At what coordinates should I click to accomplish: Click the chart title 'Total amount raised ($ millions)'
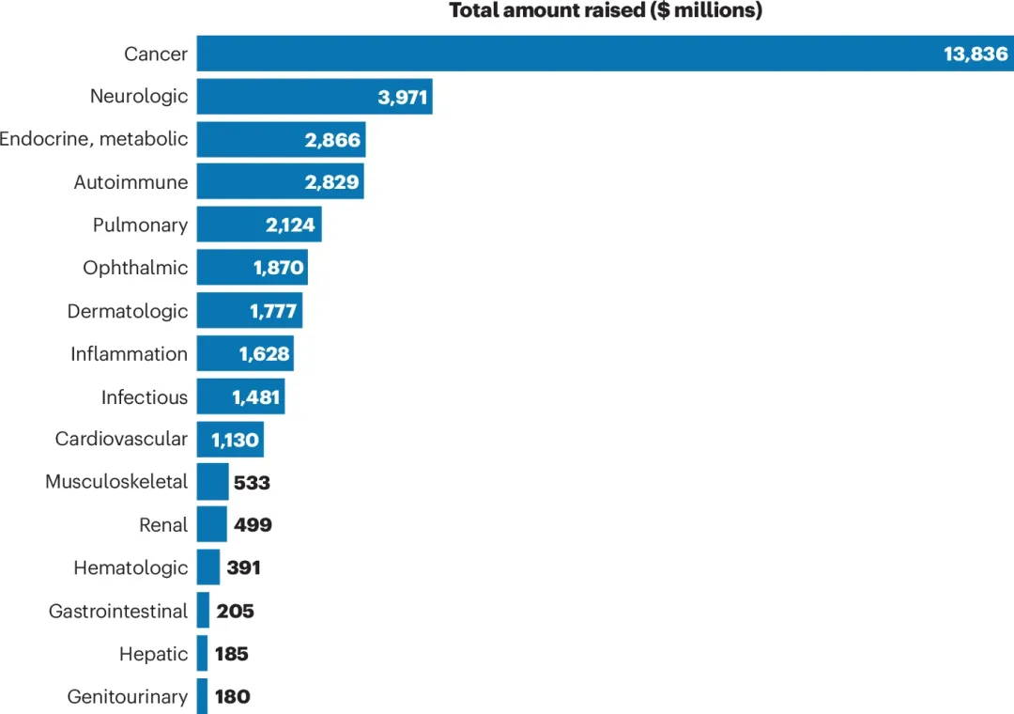606,11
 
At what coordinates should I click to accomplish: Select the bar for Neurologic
282,97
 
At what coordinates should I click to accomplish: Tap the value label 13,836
976,54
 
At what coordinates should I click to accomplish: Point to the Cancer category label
156,54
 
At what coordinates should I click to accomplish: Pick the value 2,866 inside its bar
332,140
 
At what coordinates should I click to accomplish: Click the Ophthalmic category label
135,269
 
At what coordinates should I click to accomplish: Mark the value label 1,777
274,312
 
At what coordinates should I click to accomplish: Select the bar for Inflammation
216,354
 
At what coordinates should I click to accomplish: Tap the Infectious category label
145,397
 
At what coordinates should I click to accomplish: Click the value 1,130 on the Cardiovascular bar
235,440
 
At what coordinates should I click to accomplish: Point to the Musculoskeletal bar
212,482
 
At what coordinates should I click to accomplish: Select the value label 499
253,525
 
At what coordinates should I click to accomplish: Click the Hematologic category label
131,568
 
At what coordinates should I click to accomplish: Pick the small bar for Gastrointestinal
203,611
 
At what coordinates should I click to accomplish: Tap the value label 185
231,654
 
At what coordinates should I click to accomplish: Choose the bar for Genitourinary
202,696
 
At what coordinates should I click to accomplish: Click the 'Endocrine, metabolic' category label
94,140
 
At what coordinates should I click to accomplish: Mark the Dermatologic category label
128,312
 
